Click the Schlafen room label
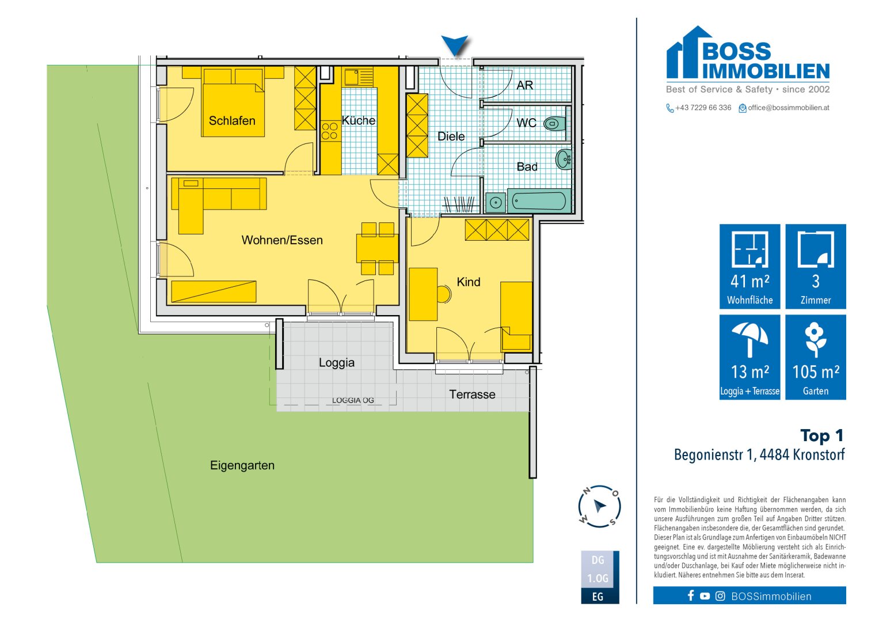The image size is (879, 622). point(232,120)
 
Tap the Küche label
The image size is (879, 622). point(358,120)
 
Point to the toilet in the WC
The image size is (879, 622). point(554,124)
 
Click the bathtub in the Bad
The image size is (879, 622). point(539,201)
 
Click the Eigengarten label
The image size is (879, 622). point(242,465)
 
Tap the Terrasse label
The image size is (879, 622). point(472,395)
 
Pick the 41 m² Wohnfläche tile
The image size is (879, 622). point(749,266)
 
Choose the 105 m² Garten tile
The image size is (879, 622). point(816,357)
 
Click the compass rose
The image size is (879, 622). point(599,506)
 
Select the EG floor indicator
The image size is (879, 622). point(598,597)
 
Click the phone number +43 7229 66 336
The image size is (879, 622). point(703,108)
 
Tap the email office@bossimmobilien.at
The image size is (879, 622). point(789,108)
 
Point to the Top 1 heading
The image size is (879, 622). point(821,435)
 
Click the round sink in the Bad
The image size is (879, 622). point(564,159)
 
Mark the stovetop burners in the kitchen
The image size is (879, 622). point(330,131)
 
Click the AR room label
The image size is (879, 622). point(524,85)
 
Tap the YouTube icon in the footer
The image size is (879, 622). point(705,596)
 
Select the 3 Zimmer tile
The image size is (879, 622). point(816,266)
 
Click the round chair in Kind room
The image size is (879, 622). point(443,294)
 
